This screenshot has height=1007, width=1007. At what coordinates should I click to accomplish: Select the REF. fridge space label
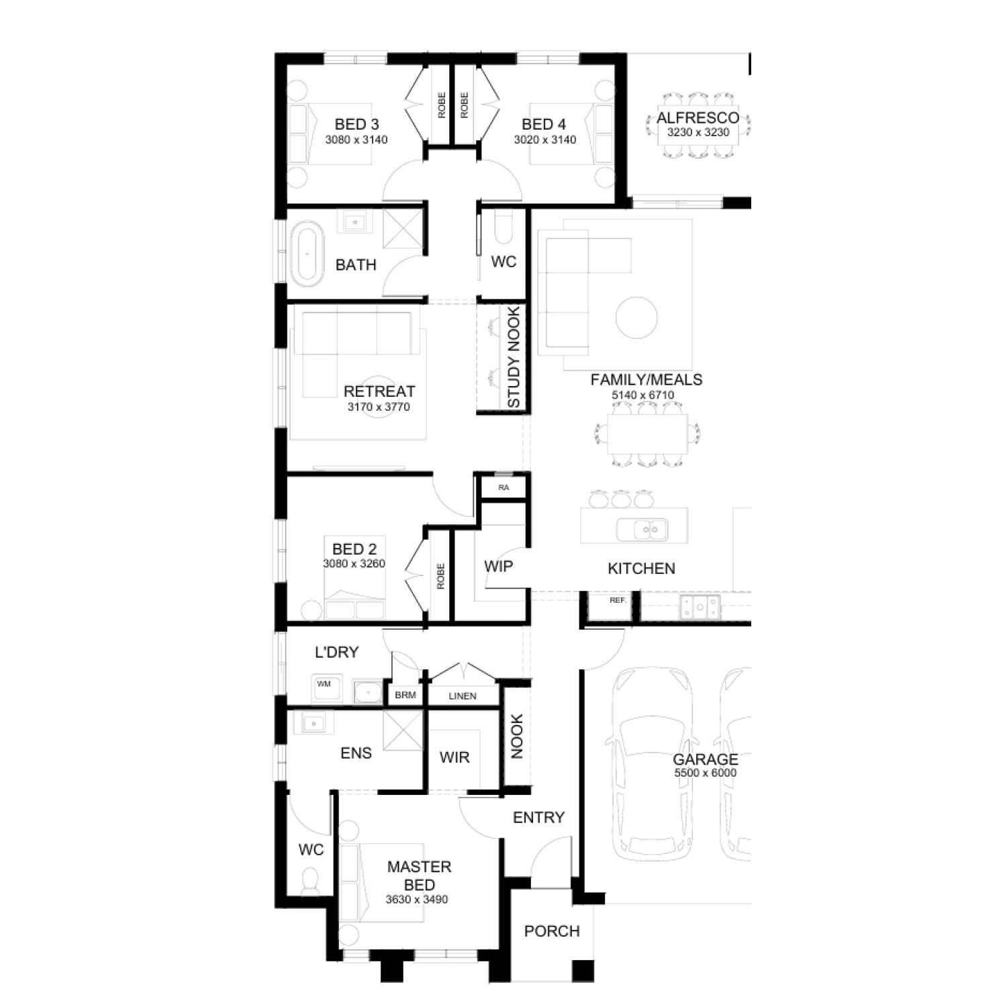[618, 600]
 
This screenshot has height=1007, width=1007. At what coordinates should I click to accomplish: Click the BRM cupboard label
[405, 695]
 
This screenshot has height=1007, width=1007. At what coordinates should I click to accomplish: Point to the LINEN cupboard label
[463, 696]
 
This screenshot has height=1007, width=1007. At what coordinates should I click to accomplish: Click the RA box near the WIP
[503, 487]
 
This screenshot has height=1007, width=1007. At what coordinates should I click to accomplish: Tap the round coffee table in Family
[636, 318]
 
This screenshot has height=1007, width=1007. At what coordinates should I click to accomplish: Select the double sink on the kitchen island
[642, 530]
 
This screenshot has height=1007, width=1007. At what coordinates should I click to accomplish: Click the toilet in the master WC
[310, 881]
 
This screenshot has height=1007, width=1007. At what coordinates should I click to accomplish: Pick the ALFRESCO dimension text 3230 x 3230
[698, 132]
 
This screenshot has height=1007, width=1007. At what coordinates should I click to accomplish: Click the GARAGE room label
[706, 759]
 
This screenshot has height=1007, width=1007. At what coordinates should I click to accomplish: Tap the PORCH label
[552, 931]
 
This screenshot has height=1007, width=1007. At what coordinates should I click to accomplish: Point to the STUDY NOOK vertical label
[514, 357]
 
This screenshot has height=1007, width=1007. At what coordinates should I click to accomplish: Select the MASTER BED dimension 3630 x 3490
[417, 900]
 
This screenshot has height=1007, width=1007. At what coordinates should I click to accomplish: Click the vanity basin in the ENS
[314, 723]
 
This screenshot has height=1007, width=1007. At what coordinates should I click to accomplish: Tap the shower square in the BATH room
[403, 227]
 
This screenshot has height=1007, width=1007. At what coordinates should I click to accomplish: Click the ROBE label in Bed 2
[440, 576]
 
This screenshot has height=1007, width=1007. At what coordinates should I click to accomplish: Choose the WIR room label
[454, 757]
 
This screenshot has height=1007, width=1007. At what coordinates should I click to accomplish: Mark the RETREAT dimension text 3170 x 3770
[379, 407]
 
